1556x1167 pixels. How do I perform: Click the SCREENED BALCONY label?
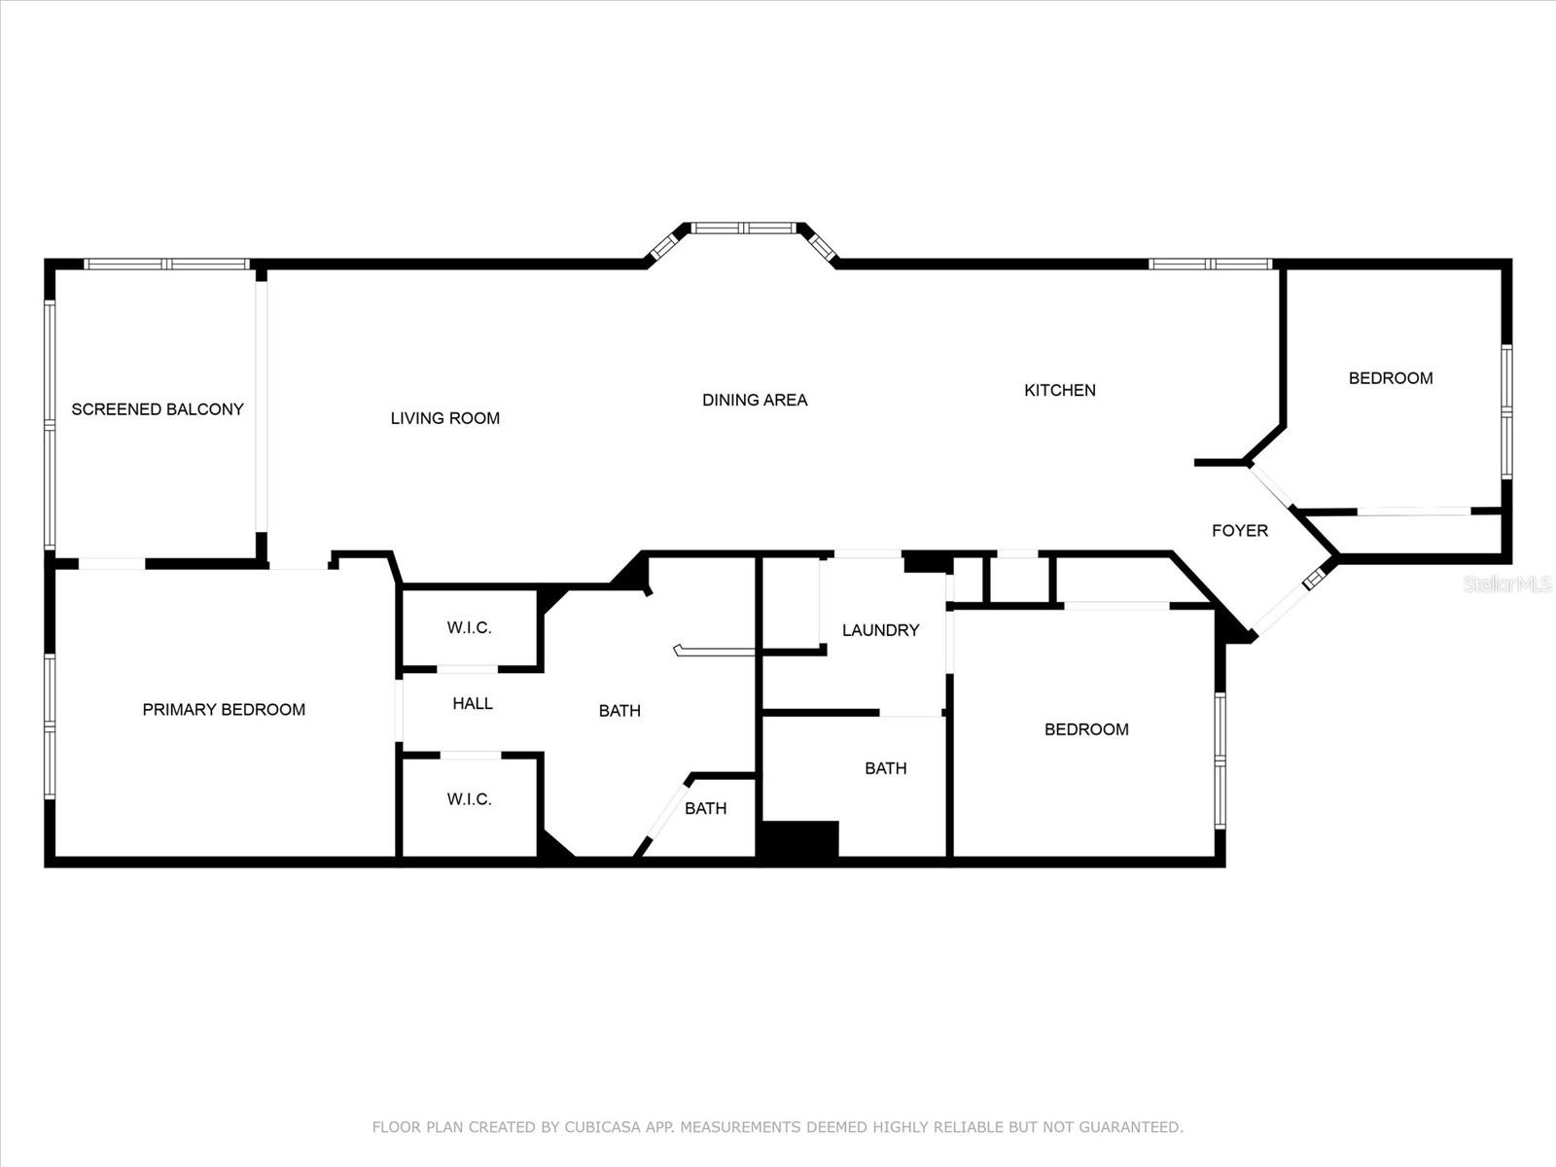click(x=158, y=408)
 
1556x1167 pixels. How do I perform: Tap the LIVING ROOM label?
click(x=445, y=418)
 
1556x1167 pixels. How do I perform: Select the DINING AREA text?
click(x=755, y=400)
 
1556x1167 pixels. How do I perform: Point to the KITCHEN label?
click(x=1060, y=390)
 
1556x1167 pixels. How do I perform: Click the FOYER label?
click(x=1240, y=530)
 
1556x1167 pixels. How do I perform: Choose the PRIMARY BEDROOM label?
click(x=224, y=709)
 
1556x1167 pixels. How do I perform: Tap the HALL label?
click(x=473, y=703)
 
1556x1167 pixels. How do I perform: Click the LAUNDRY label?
click(x=880, y=630)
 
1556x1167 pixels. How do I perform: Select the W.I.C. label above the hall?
click(x=470, y=627)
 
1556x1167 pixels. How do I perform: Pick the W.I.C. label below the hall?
click(x=470, y=798)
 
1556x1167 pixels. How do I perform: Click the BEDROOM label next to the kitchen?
click(x=1391, y=377)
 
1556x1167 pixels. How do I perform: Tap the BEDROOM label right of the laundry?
click(x=1086, y=729)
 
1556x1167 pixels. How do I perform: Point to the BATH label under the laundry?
click(x=885, y=768)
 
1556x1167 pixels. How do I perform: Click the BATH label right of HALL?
click(x=619, y=710)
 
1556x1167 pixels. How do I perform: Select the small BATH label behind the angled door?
click(x=705, y=808)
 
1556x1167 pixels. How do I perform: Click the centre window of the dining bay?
click(x=744, y=228)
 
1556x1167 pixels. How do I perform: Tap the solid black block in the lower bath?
click(x=799, y=839)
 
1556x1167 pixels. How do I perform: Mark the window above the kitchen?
click(x=1211, y=265)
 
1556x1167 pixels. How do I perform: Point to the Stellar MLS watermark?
click(x=1507, y=583)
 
